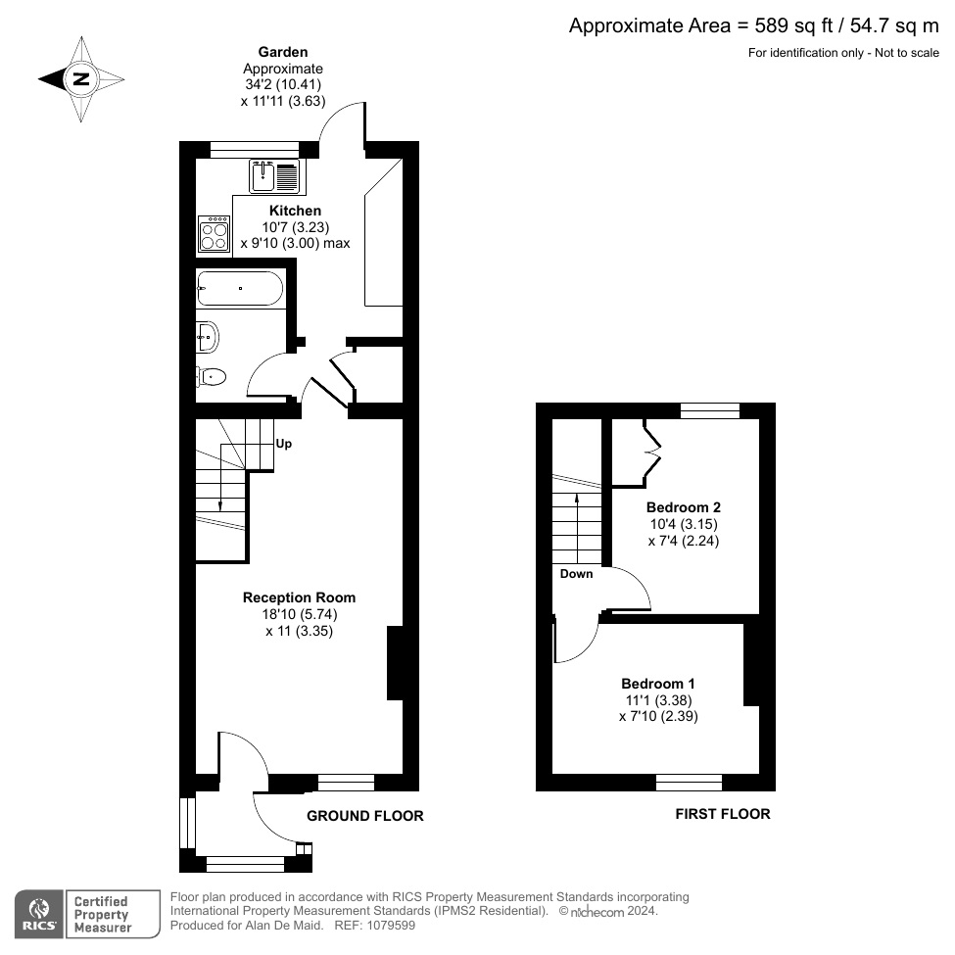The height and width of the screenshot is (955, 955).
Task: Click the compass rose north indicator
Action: [x=81, y=79]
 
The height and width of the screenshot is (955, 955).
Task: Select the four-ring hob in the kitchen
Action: [x=215, y=235]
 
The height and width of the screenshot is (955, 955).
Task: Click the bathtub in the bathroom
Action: [x=240, y=289]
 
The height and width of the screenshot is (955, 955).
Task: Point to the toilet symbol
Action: [x=211, y=376]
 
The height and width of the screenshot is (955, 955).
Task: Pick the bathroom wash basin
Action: [x=207, y=336]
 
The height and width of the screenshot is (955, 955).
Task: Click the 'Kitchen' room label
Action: [x=295, y=211]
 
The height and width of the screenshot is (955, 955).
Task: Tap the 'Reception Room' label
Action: [x=299, y=597]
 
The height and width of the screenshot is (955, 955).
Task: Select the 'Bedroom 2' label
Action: [x=683, y=507]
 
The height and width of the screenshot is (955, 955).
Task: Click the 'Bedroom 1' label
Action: [x=658, y=683]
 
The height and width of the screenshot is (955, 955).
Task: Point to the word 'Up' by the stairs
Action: [x=283, y=443]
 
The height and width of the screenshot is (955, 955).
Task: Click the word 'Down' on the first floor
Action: [x=576, y=574]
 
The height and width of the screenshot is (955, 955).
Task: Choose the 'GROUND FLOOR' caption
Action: [x=365, y=816]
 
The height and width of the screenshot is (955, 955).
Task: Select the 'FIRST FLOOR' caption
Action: [x=723, y=814]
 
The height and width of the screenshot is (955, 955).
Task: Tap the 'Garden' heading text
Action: [x=282, y=52]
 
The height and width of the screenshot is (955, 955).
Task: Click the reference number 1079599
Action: [x=389, y=925]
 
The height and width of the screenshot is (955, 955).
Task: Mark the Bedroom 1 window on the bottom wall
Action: [x=689, y=782]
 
